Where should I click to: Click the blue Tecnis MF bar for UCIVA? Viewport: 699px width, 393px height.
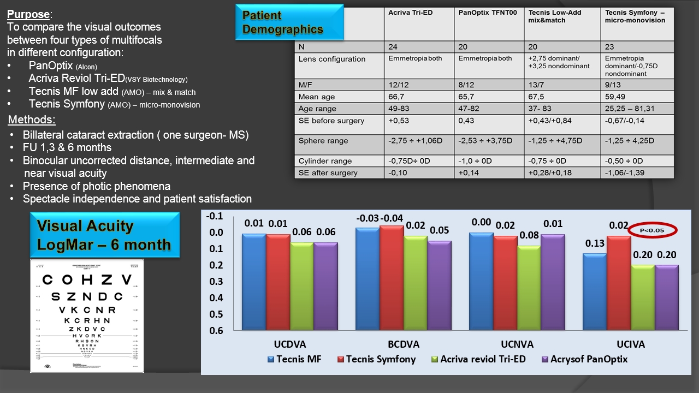pos(594,291)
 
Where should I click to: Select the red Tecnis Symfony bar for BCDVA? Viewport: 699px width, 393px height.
pos(392,277)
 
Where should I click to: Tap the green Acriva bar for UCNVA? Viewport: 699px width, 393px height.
pos(529,288)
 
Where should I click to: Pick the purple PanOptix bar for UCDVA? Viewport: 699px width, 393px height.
pos(325,286)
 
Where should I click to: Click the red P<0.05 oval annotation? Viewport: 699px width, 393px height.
pos(653,230)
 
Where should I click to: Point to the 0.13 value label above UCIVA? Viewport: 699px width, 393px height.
pos(595,244)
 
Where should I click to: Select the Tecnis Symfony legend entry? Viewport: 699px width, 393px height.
pos(376,359)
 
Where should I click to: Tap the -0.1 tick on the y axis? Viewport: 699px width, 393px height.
pos(215,216)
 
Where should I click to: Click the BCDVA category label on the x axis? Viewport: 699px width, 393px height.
pos(403,344)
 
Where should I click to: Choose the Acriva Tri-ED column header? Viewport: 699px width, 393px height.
pos(410,12)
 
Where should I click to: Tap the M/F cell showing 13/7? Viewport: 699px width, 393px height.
pos(537,85)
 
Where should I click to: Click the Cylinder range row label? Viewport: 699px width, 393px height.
pos(325,161)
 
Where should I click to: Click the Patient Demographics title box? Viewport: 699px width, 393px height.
pos(289,22)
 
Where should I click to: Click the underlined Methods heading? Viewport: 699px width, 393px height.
pos(32,120)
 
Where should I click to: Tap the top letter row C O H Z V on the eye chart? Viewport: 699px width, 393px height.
pos(87,280)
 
